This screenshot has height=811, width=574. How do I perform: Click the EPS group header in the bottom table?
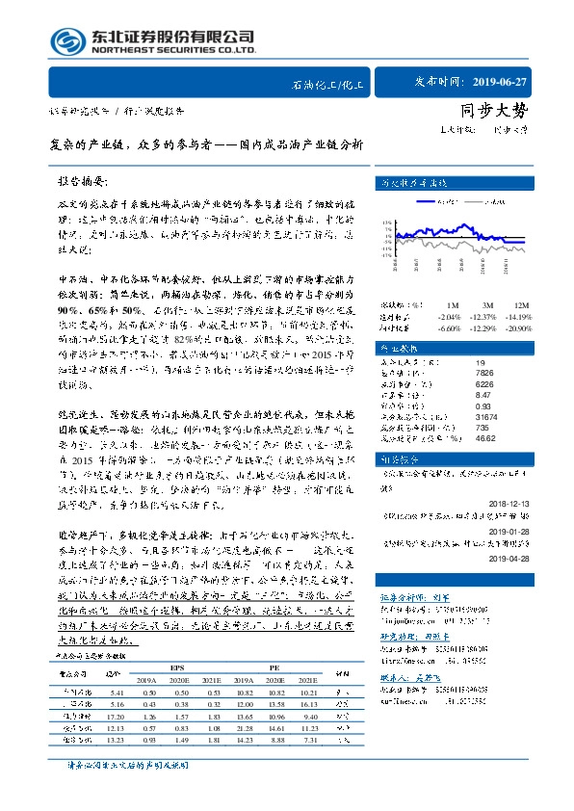176,666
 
